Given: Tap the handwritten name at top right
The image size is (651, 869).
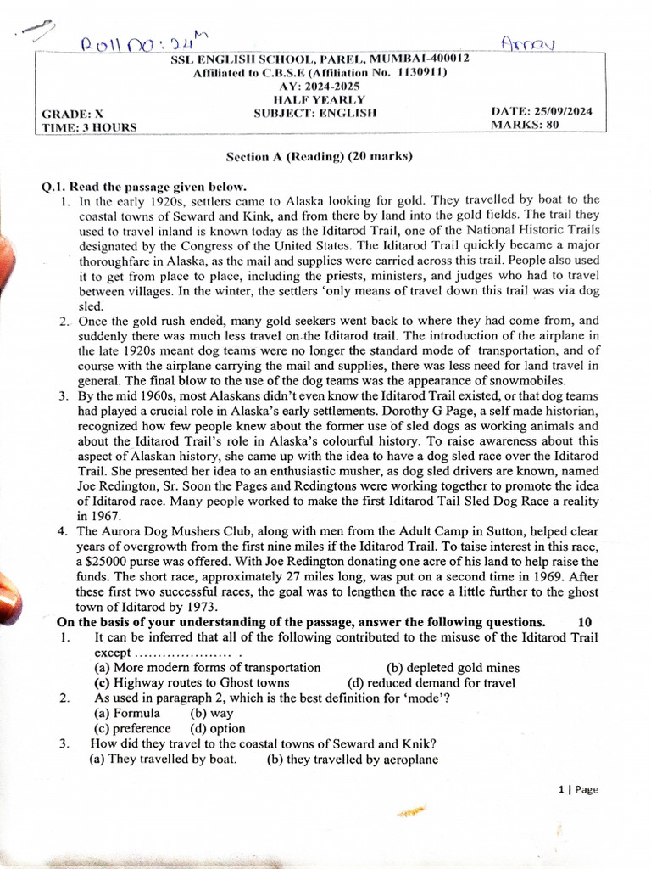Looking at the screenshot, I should tap(527, 42).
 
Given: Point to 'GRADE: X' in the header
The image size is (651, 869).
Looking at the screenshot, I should tap(72, 114).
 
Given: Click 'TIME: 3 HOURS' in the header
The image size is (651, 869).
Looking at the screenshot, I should tap(89, 127).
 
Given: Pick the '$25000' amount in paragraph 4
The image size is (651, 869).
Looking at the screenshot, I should tap(103, 562).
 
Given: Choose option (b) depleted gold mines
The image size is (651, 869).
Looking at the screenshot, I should tap(453, 668).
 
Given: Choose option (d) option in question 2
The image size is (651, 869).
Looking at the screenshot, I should tap(217, 728).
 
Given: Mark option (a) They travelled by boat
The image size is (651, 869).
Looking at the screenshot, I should tap(163, 759).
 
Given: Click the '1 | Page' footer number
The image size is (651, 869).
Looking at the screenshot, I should tap(578, 789).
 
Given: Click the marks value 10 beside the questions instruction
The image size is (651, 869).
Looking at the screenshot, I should tap(585, 622).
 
